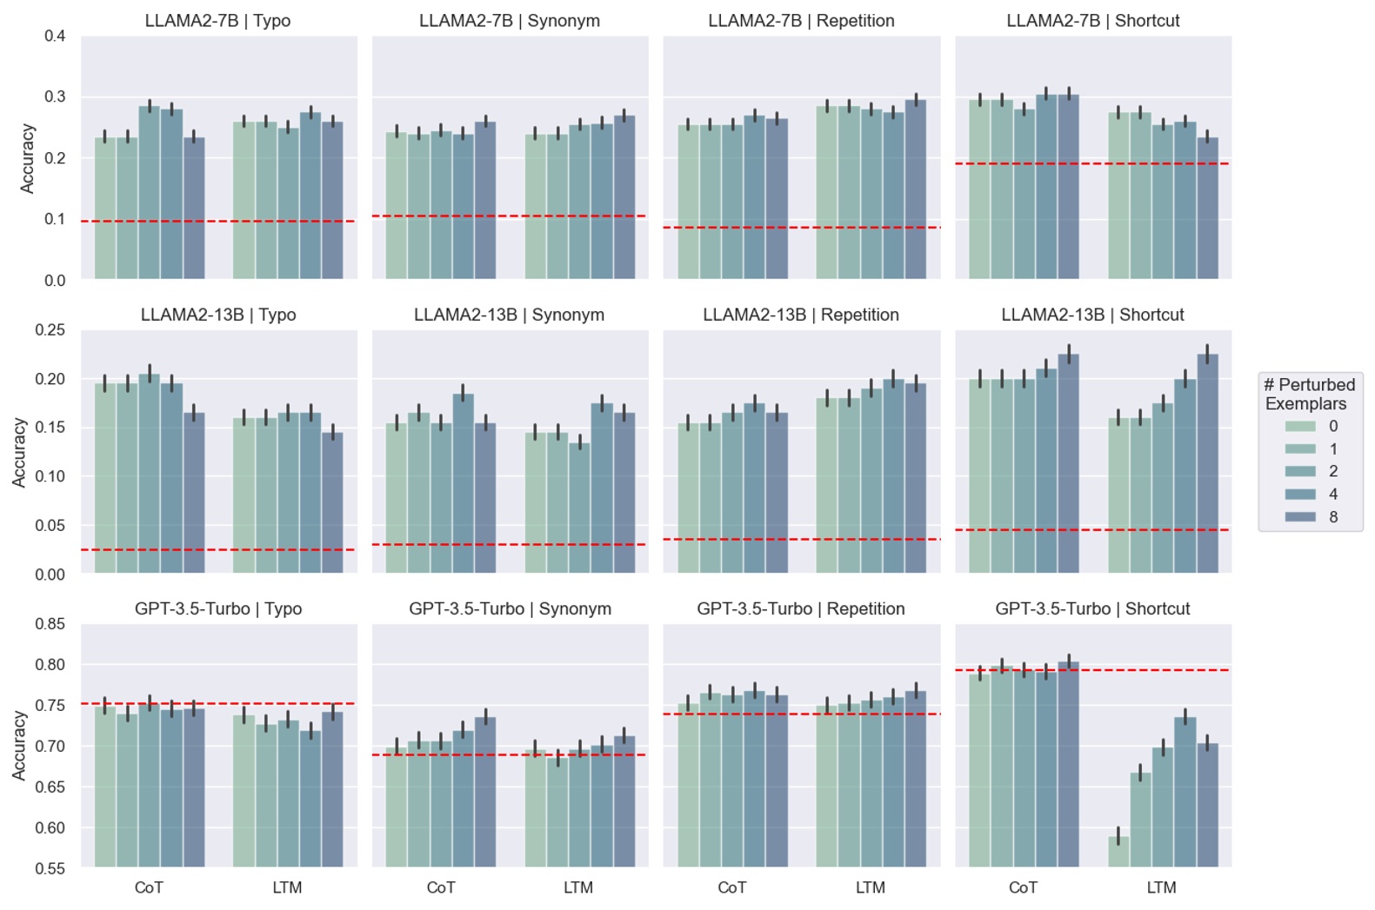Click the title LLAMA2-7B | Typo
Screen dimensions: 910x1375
(x=217, y=21)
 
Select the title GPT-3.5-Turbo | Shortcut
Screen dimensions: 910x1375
(x=1092, y=609)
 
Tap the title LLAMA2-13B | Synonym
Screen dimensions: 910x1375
(x=509, y=315)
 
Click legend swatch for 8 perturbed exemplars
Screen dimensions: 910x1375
(x=1300, y=517)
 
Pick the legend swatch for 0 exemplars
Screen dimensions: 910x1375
(x=1300, y=426)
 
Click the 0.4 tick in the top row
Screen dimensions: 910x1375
(x=55, y=37)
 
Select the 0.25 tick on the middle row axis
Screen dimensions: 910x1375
(x=50, y=330)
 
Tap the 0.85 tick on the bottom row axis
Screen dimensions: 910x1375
(x=50, y=624)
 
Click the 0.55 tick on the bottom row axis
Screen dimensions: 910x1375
(x=50, y=868)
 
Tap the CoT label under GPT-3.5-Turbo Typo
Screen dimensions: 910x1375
(x=149, y=888)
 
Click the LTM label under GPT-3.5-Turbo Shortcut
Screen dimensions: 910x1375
(x=1161, y=888)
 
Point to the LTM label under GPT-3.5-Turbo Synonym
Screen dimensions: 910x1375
(x=578, y=888)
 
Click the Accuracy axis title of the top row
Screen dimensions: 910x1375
(x=27, y=158)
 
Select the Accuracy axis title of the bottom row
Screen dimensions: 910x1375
(x=19, y=746)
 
